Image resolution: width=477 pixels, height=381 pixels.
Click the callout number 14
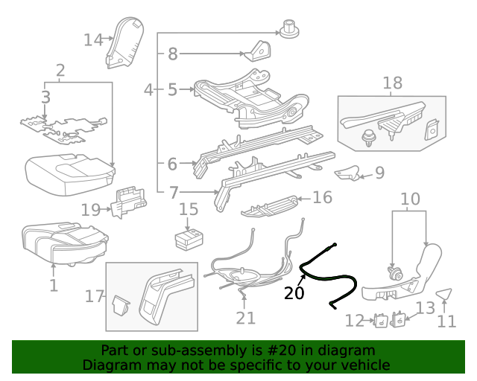(93, 39)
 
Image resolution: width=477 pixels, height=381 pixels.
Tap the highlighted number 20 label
(294, 293)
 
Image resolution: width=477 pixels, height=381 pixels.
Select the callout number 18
(392, 83)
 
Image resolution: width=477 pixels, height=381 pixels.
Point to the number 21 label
(245, 318)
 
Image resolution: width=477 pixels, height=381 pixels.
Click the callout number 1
(53, 285)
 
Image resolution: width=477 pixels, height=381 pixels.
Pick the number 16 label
(322, 197)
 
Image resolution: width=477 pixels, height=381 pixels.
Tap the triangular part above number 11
(444, 295)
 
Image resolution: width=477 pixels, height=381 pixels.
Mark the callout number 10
(411, 199)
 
